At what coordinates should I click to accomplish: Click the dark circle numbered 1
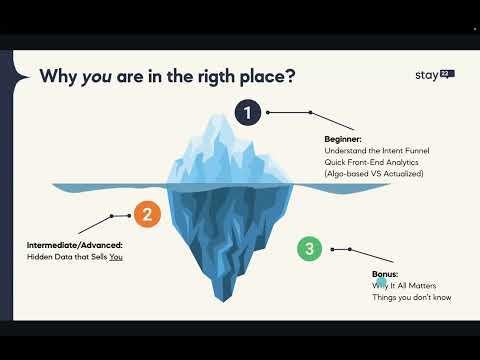click(x=247, y=112)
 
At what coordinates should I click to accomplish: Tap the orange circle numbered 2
click(x=147, y=213)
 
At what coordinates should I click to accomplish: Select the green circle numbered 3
click(x=310, y=248)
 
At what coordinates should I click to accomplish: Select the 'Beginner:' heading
click(x=343, y=139)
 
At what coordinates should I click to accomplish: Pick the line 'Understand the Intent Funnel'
click(x=368, y=150)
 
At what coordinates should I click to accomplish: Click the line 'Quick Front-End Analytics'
click(x=363, y=162)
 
